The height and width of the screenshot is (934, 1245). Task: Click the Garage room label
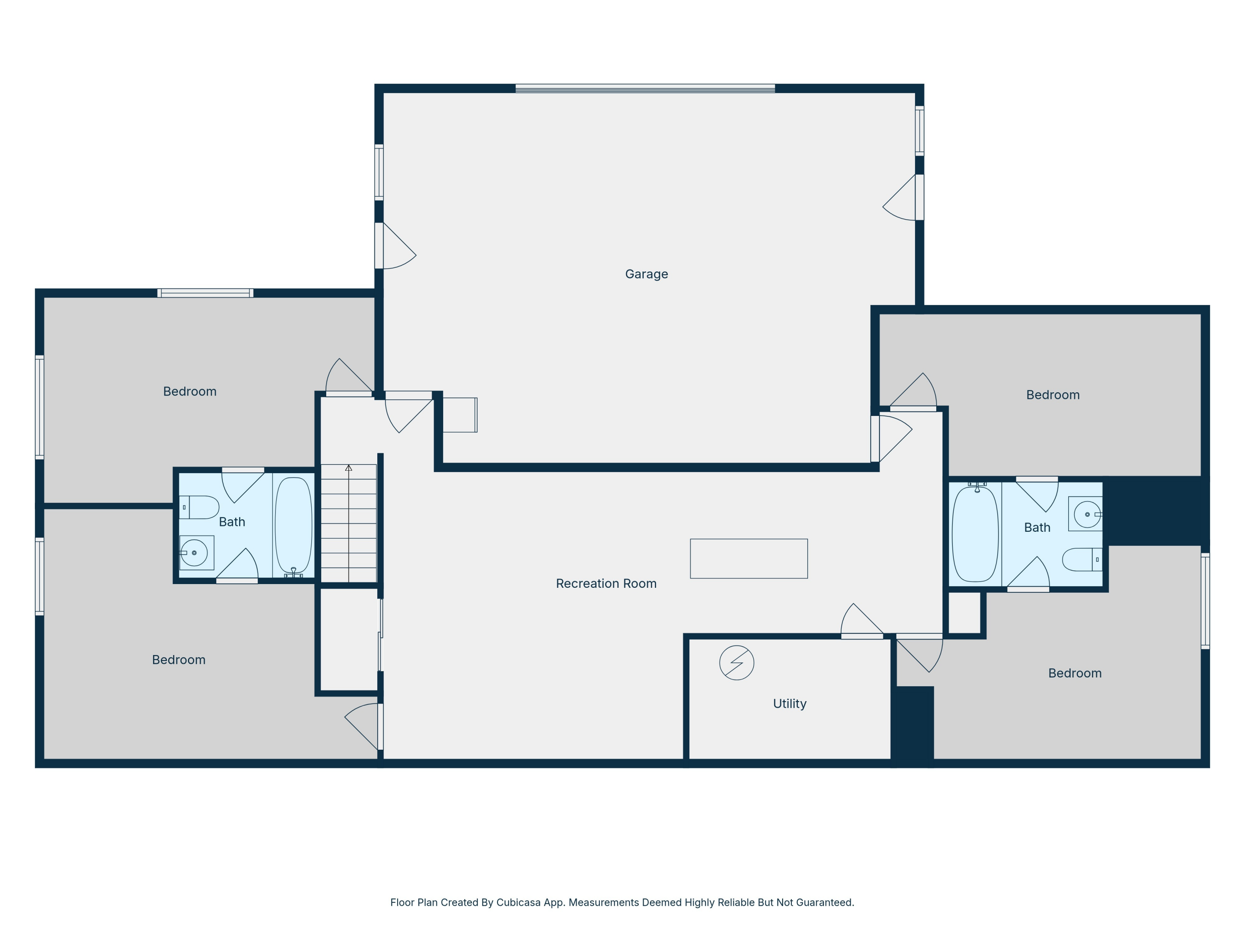646,274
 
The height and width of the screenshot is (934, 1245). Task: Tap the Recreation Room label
606,583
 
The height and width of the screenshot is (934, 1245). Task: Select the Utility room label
790,704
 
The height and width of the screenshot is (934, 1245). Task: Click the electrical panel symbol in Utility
737,663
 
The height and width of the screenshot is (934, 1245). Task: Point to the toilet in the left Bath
199,507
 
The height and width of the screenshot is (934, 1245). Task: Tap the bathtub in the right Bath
975,533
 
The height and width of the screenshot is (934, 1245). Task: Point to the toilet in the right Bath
1082,560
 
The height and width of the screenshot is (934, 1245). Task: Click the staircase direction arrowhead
349,468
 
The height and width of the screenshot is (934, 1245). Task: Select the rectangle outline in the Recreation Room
749,558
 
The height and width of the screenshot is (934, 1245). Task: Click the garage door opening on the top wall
645,88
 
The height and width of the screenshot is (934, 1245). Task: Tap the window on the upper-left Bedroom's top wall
205,293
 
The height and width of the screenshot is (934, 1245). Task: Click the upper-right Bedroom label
1052,395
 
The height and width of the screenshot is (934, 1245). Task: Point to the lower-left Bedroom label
178,660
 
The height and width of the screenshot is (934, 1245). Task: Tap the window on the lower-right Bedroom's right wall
1205,601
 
